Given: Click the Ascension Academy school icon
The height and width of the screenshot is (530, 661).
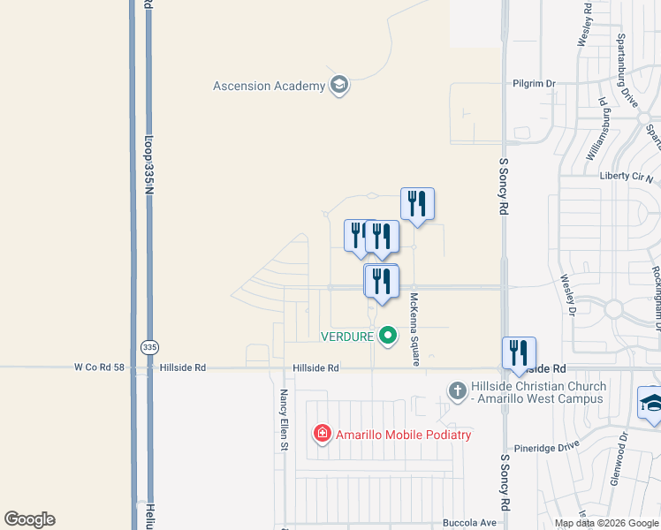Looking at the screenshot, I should pos(338,86).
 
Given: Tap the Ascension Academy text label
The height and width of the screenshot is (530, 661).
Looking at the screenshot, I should pos(269,86).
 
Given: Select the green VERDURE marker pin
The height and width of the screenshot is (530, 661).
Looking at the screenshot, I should pos(387,336).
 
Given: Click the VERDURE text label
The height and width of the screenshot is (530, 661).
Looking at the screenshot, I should pos(347,336).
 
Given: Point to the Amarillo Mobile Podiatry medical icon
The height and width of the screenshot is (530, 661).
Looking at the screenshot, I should pos(323,433).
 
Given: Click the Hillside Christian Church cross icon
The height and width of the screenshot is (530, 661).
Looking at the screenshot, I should pos(457,390).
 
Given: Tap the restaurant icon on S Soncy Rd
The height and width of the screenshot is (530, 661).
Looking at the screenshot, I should pos(519,352).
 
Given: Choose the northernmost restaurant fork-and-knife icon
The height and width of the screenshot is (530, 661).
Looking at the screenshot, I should pos(417,204).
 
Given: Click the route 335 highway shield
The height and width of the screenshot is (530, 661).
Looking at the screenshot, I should pos(149,347).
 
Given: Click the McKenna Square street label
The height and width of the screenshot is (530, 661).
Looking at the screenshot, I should pos(413,329).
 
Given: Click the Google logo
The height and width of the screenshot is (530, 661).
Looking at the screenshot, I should pos(30,519).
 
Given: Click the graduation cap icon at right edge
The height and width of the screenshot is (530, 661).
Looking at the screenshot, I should pos(651,403).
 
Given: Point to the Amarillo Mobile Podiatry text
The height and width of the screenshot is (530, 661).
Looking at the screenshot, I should pos(404,434).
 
